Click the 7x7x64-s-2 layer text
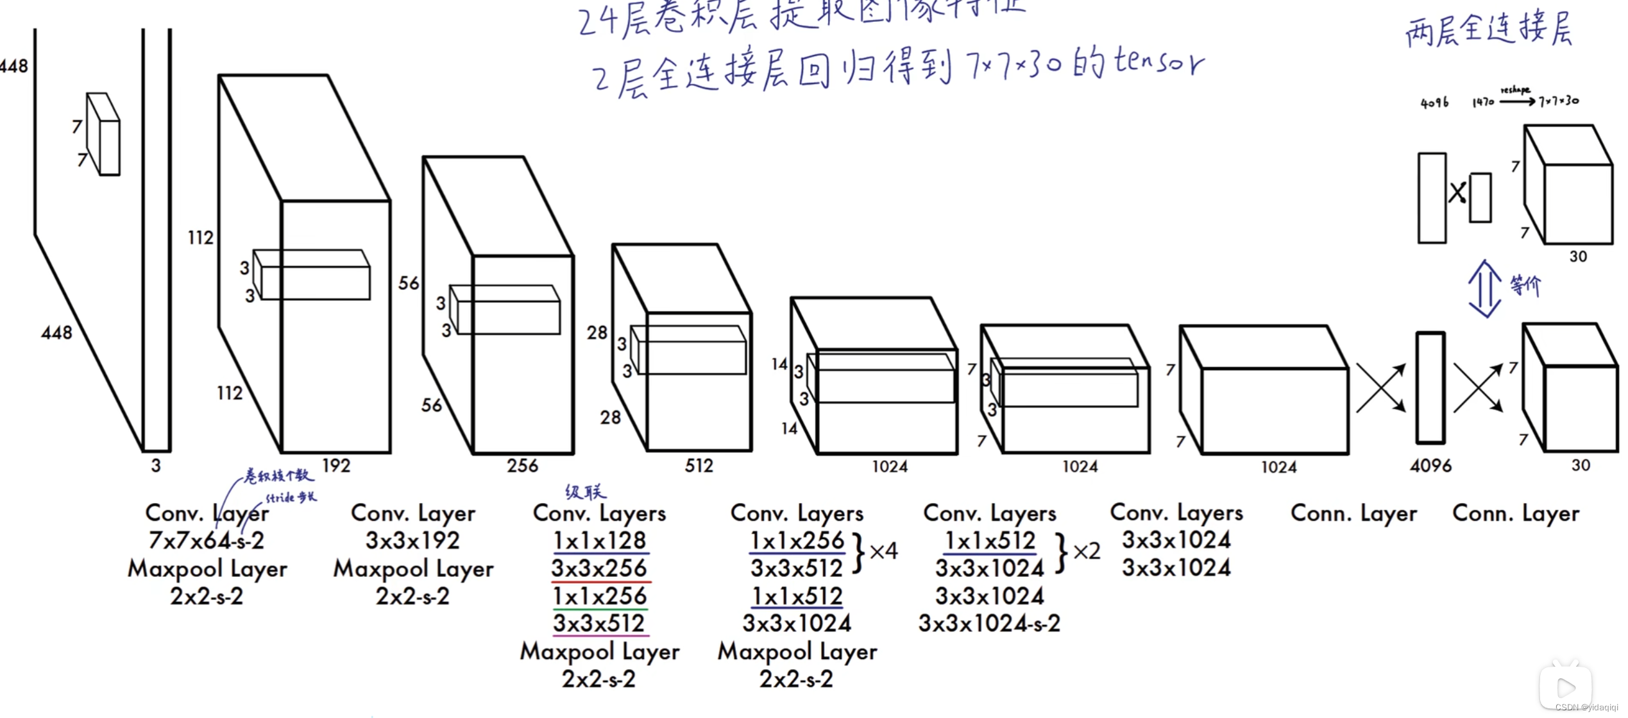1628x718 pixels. pos(206,541)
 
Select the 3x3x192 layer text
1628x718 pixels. pos(412,541)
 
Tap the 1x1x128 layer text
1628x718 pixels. pos(600,541)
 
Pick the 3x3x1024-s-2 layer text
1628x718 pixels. pos(989,624)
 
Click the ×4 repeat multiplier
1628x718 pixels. pos(883,551)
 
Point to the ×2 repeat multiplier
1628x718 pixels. pos(1087,551)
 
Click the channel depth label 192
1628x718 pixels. pos(336,466)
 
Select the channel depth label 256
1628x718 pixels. pos(522,466)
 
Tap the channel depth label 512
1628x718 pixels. pos(699,466)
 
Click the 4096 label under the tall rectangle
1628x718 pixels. pos(1430,466)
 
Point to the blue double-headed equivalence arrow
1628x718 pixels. pos(1484,289)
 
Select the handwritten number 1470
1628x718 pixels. pos(1482,102)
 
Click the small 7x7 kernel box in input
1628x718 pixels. pos(104,135)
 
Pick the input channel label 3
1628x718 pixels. pos(156,466)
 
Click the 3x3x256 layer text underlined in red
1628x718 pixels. pos(599,568)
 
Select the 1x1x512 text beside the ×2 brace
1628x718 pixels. pos(990,541)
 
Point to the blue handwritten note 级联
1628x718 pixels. pos(585,492)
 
